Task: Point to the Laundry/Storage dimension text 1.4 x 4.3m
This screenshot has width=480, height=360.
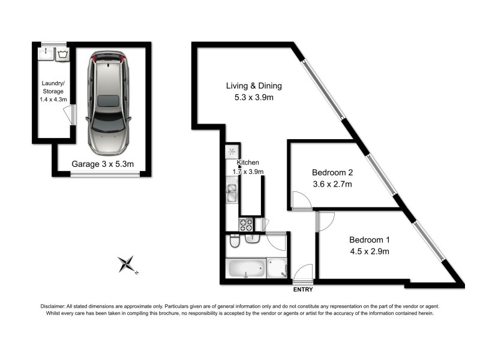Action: click(52, 100)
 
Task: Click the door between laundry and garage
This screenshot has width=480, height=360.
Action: click(71, 115)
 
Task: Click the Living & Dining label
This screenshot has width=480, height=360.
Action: click(254, 86)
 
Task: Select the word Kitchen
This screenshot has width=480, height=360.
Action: click(248, 163)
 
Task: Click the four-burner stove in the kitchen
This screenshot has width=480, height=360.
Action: click(246, 225)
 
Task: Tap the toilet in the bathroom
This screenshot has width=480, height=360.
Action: click(235, 242)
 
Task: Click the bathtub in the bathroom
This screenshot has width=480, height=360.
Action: click(245, 268)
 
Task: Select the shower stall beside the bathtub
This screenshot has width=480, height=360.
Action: click(277, 268)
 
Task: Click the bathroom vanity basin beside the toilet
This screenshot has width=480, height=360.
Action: click(253, 239)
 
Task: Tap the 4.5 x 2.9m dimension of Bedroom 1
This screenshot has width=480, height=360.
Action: click(370, 251)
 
